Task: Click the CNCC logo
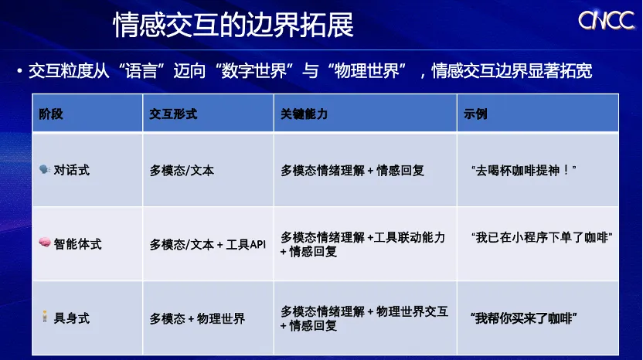pos(606,20)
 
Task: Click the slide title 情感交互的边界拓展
pos(233,25)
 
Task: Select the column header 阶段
pos(51,114)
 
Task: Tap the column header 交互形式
pos(173,114)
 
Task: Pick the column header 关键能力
pos(304,114)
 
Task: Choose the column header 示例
pos(475,114)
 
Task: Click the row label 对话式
pos(71,170)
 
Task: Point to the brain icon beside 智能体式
pos(45,243)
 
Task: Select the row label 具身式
pos(71,318)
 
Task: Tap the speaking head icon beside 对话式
pos(44,169)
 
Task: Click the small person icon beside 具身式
pos(45,317)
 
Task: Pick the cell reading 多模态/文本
pos(182,170)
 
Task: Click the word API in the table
pos(257,244)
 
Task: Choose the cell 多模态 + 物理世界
pos(197,318)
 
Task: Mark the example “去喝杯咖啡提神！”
pos(524,170)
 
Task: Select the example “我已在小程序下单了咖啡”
pos(542,237)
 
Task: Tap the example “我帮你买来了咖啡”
pos(524,318)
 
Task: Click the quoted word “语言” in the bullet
pos(141,71)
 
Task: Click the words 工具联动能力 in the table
pos(410,237)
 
